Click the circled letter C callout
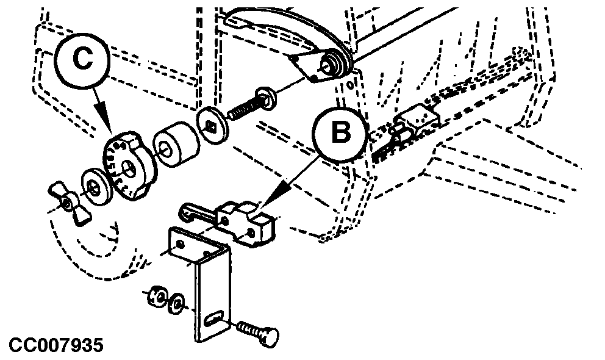pos(82,60)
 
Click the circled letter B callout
pos(340,133)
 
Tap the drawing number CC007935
pos(56,345)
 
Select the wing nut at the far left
pos(69,202)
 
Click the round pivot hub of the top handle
pos(332,63)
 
